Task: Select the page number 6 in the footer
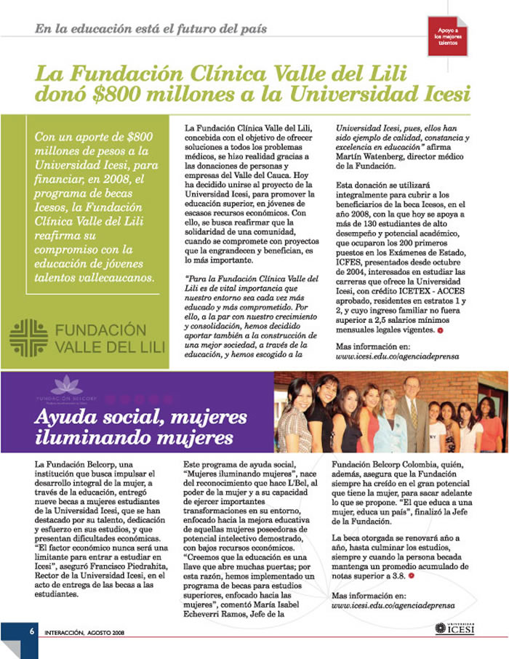click(x=32, y=631)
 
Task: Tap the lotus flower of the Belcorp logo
click(x=60, y=383)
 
